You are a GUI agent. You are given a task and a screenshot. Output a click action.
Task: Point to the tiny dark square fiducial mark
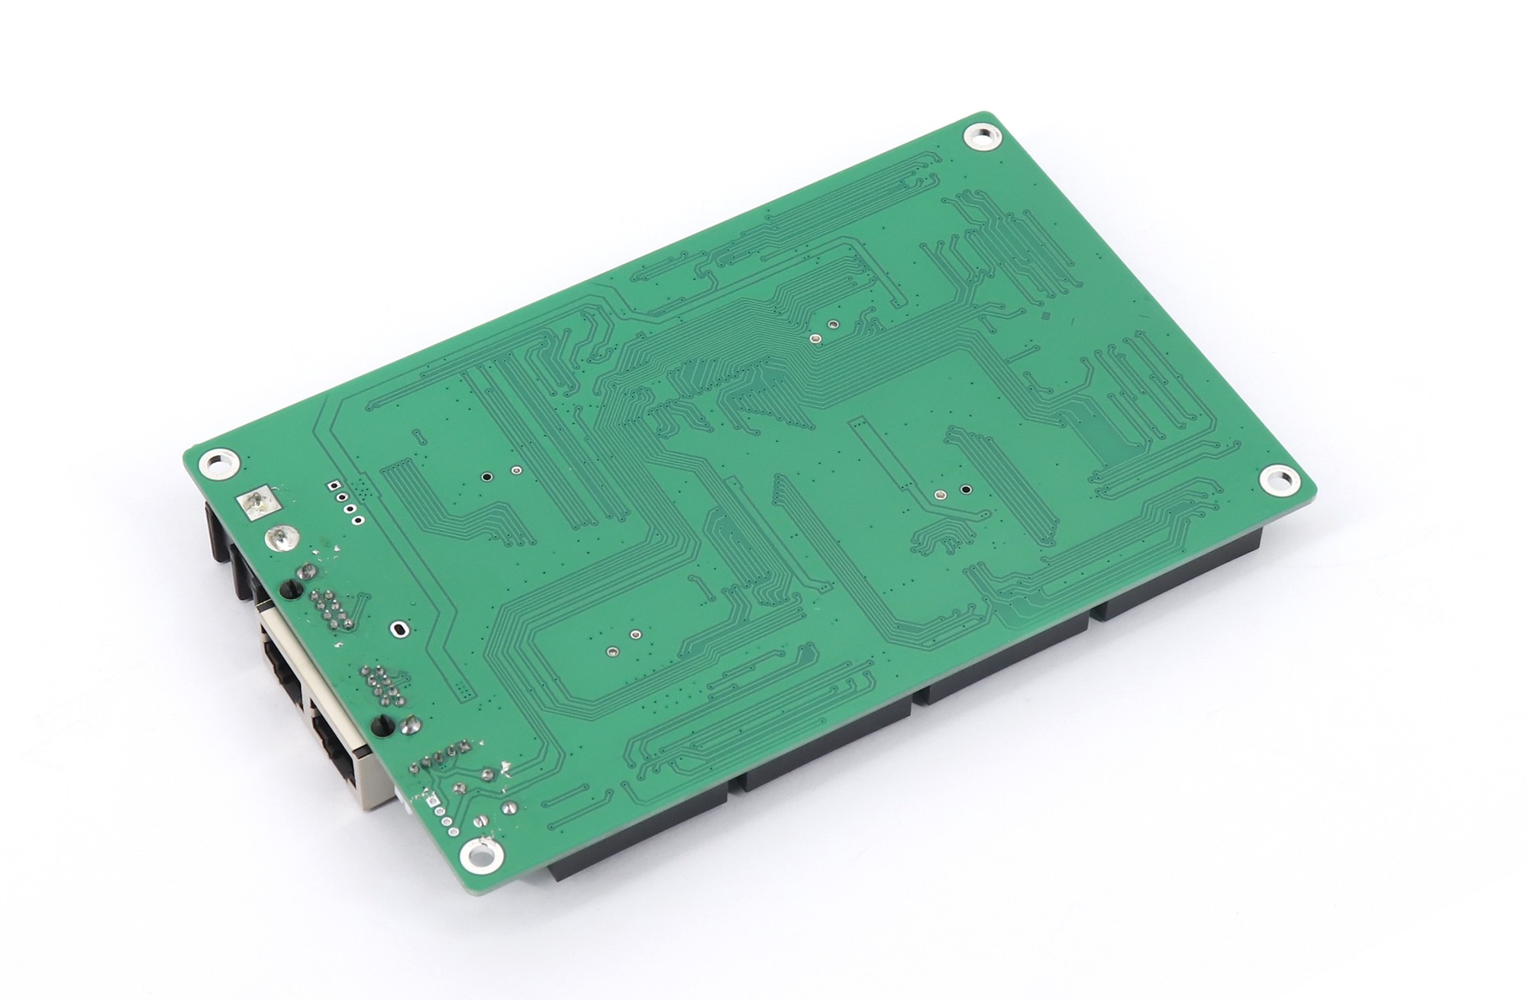tap(1045, 315)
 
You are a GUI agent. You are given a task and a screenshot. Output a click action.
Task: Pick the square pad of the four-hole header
tap(332, 485)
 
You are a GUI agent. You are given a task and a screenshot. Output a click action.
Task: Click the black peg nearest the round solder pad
tap(290, 589)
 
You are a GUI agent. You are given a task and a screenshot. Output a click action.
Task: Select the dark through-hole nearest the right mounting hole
tap(966, 489)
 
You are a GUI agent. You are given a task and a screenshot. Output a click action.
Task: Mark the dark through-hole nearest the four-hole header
tap(486, 477)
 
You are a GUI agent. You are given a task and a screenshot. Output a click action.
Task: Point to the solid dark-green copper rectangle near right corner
tap(1119, 444)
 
